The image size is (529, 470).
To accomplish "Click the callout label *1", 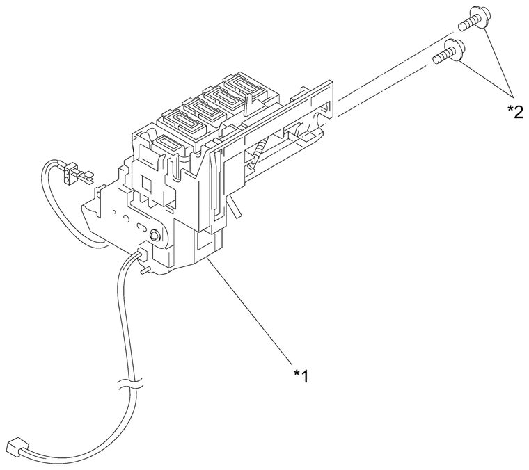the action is tap(301, 375).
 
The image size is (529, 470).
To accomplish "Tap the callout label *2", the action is tap(515, 111).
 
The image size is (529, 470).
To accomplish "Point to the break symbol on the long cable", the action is tap(130, 384).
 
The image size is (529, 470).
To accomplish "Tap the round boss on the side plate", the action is tap(155, 234).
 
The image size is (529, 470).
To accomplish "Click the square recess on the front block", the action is tap(147, 184).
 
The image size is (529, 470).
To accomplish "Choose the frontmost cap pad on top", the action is tap(169, 144).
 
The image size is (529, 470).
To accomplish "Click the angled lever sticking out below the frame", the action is tap(235, 207).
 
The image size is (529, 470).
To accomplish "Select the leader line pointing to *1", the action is tap(250, 311).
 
